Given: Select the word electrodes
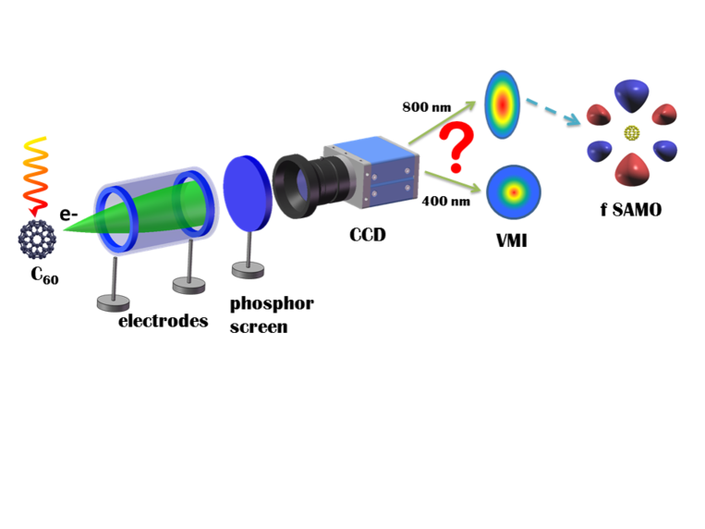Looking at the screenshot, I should [x=163, y=322].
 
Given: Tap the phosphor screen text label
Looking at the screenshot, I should [x=272, y=314].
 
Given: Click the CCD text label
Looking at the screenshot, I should [x=367, y=235].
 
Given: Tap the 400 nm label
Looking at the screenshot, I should [x=442, y=201].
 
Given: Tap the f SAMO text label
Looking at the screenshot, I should [x=631, y=210].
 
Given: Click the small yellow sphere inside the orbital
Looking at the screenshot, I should [x=632, y=132].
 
